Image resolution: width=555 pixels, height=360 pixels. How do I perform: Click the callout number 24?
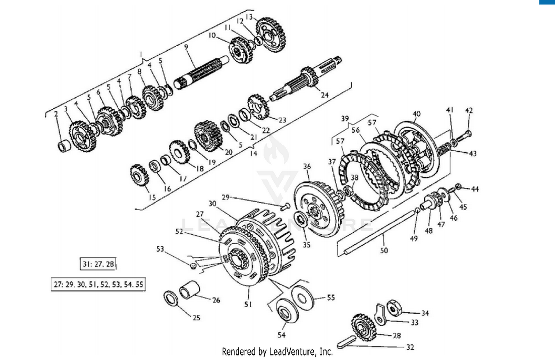click(x=324, y=95)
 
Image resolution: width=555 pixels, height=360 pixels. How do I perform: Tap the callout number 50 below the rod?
click(x=384, y=250)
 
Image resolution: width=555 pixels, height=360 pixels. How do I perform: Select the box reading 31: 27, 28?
click(x=98, y=264)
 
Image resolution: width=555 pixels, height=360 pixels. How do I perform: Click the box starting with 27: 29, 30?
click(x=98, y=285)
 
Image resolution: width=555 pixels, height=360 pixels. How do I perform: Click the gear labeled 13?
click(x=271, y=34)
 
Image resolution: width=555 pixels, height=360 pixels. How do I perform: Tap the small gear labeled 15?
click(x=139, y=175)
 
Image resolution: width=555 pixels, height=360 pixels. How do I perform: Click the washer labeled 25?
click(x=171, y=298)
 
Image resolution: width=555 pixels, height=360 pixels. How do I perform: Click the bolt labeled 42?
click(x=464, y=137)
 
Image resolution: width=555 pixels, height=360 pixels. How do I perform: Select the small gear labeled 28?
click(x=364, y=327)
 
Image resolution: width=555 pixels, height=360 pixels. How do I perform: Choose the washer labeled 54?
click(x=286, y=310)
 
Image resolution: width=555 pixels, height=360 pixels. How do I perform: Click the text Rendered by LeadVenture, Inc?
click(x=277, y=351)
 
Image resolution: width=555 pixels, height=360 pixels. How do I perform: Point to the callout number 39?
click(x=345, y=118)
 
